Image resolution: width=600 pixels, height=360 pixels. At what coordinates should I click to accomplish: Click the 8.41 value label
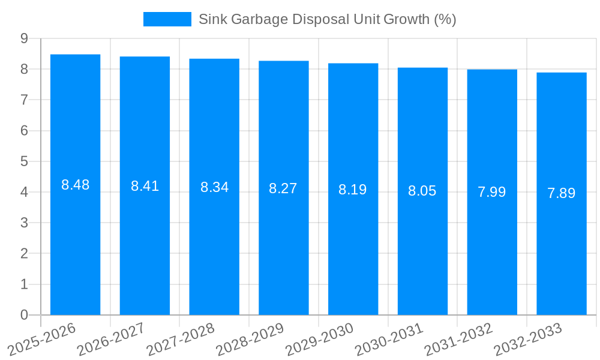(x=145, y=186)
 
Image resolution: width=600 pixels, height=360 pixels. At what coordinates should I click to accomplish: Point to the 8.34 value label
(x=214, y=187)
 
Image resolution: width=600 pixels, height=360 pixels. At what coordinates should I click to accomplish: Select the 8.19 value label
(x=353, y=190)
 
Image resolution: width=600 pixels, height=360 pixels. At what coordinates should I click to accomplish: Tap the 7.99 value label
(x=492, y=192)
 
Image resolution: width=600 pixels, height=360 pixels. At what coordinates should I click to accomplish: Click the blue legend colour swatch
(x=167, y=19)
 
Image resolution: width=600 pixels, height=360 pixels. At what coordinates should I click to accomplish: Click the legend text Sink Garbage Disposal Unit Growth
(x=327, y=19)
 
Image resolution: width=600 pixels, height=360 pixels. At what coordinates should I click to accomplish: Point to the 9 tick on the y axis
(x=24, y=38)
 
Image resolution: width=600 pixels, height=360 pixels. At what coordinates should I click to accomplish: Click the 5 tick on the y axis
(x=24, y=161)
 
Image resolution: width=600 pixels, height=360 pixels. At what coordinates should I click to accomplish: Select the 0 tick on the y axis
(x=24, y=315)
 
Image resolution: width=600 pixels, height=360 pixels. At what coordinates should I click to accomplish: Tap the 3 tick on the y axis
(x=24, y=223)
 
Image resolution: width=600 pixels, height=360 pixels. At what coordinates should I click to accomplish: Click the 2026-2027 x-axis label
(x=111, y=339)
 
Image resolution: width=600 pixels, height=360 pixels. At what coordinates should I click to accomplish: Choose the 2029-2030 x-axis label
(x=319, y=339)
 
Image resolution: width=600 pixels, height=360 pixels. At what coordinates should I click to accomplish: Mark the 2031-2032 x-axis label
(x=458, y=339)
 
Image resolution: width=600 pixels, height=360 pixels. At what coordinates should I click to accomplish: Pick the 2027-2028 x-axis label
(x=181, y=339)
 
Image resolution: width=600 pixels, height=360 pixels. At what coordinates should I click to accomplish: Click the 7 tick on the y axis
(x=24, y=100)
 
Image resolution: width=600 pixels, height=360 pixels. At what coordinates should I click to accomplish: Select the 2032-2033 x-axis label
(x=528, y=339)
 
